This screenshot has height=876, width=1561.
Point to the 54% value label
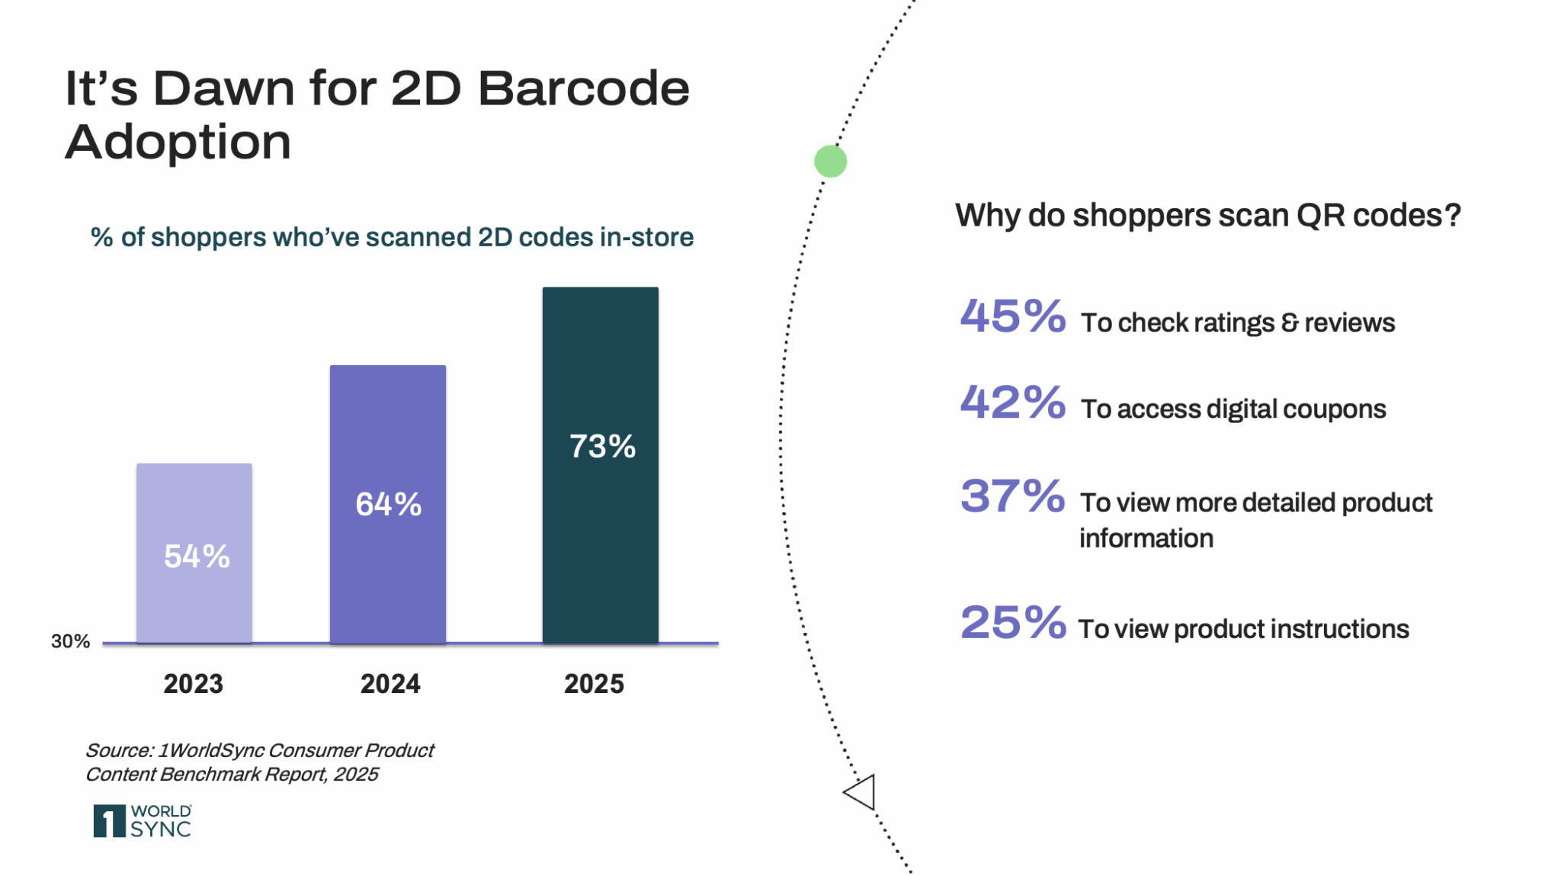(197, 557)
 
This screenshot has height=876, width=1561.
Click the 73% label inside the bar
(602, 447)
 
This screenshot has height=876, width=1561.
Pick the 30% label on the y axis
(70, 642)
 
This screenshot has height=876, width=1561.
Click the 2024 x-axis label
(390, 684)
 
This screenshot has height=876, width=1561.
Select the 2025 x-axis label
(594, 684)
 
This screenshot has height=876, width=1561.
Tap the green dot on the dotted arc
(830, 162)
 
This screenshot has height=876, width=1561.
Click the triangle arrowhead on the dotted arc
(861, 792)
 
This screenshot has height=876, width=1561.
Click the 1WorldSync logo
(143, 821)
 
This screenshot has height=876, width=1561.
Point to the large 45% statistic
(1012, 316)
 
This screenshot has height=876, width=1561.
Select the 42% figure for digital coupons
(1012, 403)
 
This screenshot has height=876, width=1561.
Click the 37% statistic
(1012, 496)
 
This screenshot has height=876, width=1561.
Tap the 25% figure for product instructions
(1012, 623)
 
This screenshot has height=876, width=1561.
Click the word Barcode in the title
(584, 88)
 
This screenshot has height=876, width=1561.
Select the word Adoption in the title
(178, 143)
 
